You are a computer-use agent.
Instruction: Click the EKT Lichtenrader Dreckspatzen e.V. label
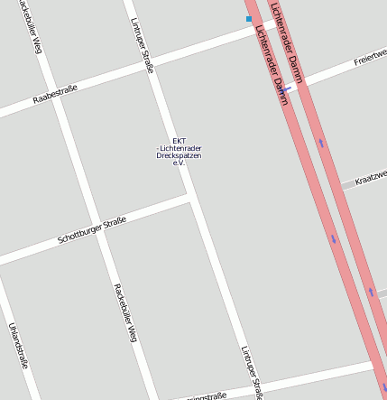179,152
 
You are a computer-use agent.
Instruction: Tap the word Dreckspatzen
179,156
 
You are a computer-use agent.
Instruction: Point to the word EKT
179,140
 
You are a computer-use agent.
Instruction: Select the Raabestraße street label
55,93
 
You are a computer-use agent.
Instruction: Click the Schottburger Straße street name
91,230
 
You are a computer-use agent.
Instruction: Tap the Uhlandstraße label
18,346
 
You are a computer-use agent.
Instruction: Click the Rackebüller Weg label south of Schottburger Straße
124,312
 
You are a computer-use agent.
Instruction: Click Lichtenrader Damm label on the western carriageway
271,65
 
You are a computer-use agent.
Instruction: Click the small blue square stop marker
249,18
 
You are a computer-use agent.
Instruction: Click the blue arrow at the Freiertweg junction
290,88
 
